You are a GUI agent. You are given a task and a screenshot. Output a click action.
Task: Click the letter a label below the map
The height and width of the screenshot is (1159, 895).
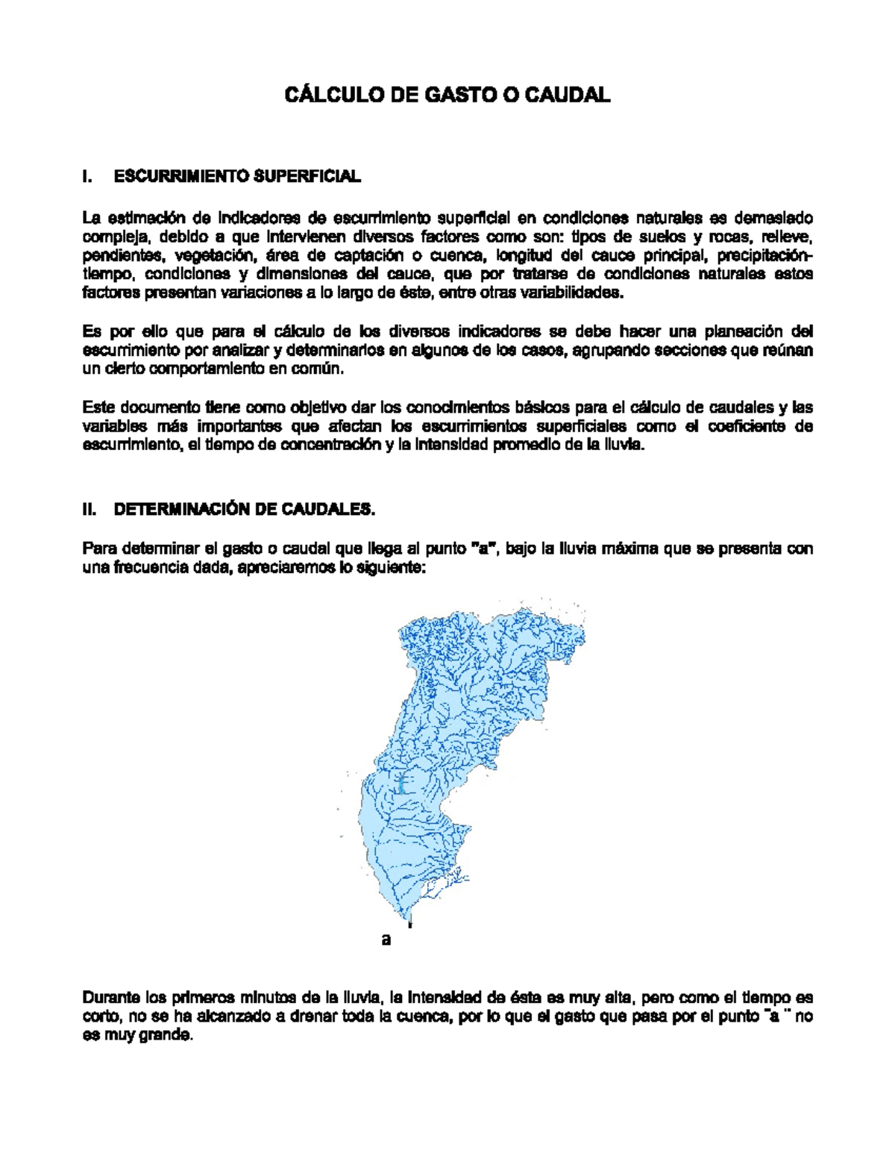pyautogui.click(x=386, y=939)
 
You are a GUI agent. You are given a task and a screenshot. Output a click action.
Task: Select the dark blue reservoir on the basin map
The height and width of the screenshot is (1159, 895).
pyautogui.click(x=401, y=783)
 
